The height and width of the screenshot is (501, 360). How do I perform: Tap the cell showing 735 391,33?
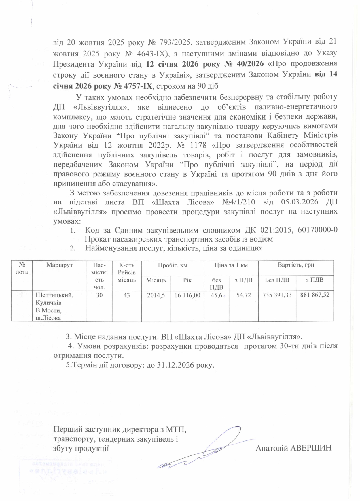coord(277,295)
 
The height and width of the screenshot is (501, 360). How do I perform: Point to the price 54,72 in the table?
coord(243,295)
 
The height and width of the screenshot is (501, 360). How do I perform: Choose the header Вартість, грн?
coord(296,265)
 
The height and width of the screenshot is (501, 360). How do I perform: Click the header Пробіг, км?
coord(173,265)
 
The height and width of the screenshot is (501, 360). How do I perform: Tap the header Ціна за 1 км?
coord(231,265)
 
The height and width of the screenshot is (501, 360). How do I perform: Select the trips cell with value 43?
coord(126,295)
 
